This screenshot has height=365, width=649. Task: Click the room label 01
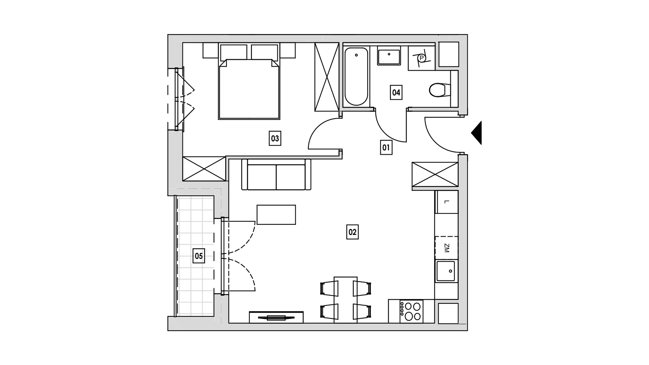click(386, 148)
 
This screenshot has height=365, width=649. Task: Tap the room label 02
click(352, 232)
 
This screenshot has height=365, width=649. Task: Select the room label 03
click(275, 138)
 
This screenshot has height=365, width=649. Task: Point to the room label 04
click(396, 92)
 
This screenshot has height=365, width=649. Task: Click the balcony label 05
click(199, 256)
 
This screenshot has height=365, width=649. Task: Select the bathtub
click(356, 77)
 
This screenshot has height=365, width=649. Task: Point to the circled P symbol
click(421, 58)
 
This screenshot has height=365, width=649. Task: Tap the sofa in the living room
click(277, 175)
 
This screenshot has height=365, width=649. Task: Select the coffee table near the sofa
click(276, 215)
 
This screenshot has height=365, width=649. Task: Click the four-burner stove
click(411, 311)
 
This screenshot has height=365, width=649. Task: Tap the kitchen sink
click(446, 271)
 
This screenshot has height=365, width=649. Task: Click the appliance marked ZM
click(447, 248)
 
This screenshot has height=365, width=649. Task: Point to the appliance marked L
click(447, 202)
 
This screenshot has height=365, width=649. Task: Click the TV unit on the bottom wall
click(276, 317)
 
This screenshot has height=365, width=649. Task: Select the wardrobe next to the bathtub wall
click(327, 77)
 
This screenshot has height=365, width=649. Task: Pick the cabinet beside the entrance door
click(435, 174)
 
